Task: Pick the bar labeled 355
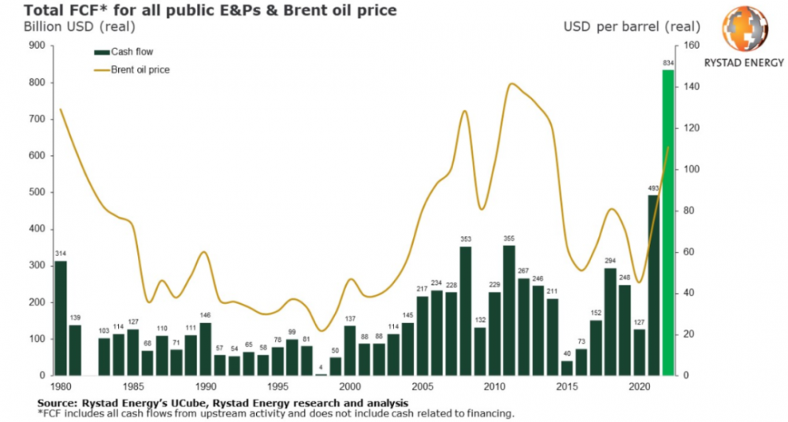(509, 310)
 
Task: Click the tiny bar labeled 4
(321, 374)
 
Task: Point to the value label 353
(466, 239)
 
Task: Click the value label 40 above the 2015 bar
(567, 354)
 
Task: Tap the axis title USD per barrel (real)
(627, 27)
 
